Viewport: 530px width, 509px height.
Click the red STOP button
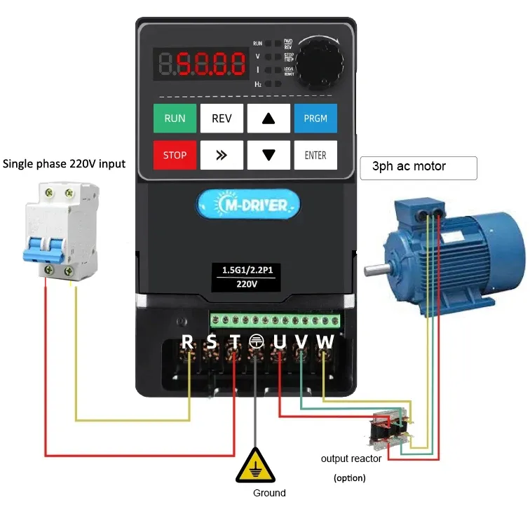(175, 155)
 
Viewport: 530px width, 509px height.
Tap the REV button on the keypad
(222, 118)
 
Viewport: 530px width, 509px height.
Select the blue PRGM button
(315, 118)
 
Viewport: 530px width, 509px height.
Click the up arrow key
(269, 118)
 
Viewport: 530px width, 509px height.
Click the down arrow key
(269, 155)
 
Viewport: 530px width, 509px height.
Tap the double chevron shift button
(222, 155)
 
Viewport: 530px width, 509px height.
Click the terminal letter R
(187, 341)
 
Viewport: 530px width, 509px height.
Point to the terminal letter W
(325, 341)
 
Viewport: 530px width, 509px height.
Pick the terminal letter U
(280, 341)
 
